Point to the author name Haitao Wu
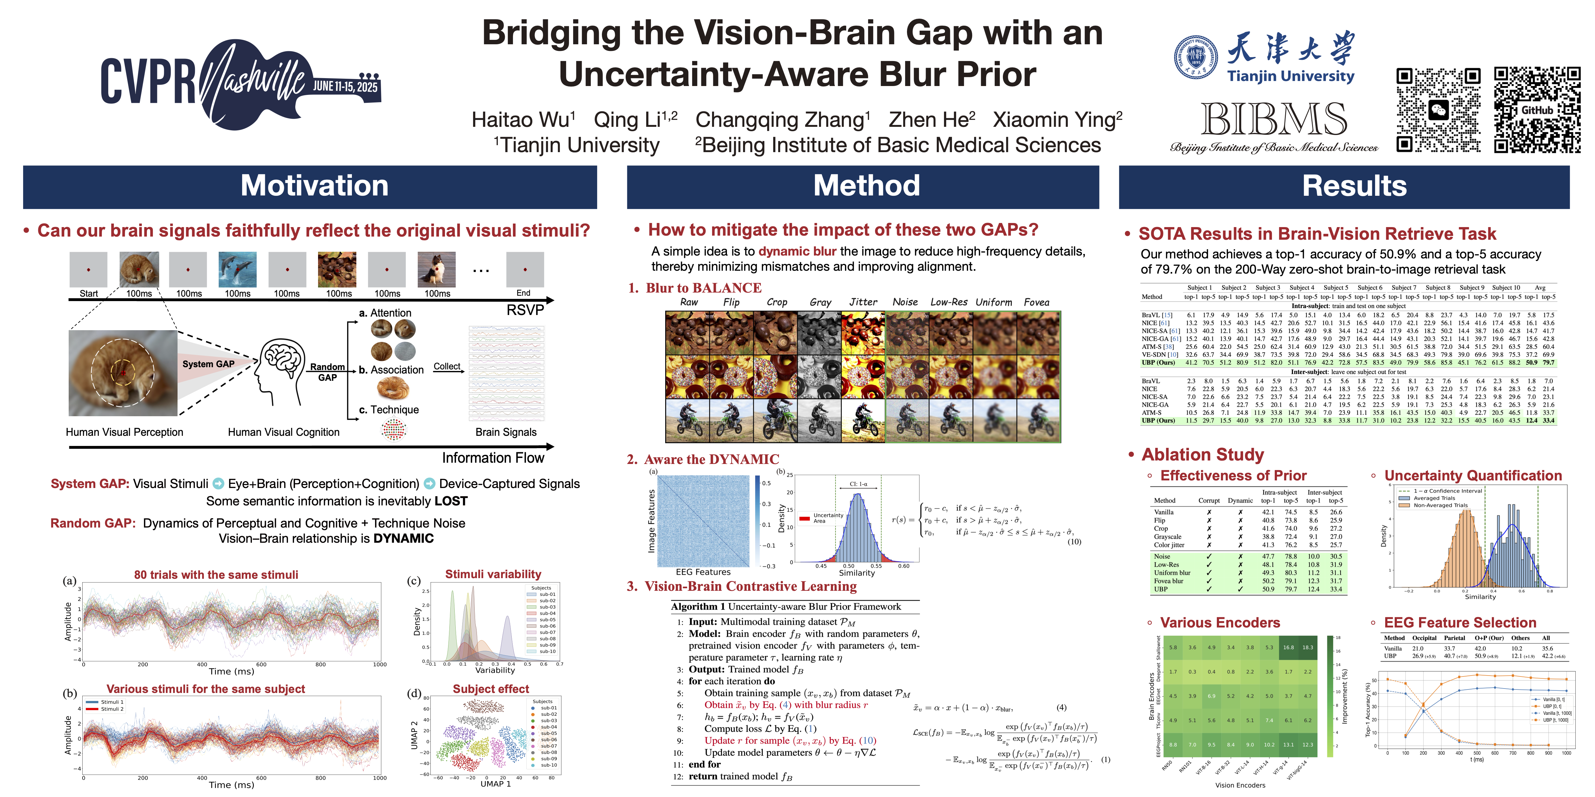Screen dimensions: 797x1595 [523, 120]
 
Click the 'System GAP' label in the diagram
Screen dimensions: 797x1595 [208, 364]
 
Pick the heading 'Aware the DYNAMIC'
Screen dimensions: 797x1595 [711, 459]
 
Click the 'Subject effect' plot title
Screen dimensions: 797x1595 [491, 689]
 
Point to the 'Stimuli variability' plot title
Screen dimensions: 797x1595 [493, 574]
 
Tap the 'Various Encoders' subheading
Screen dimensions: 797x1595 [1220, 622]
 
